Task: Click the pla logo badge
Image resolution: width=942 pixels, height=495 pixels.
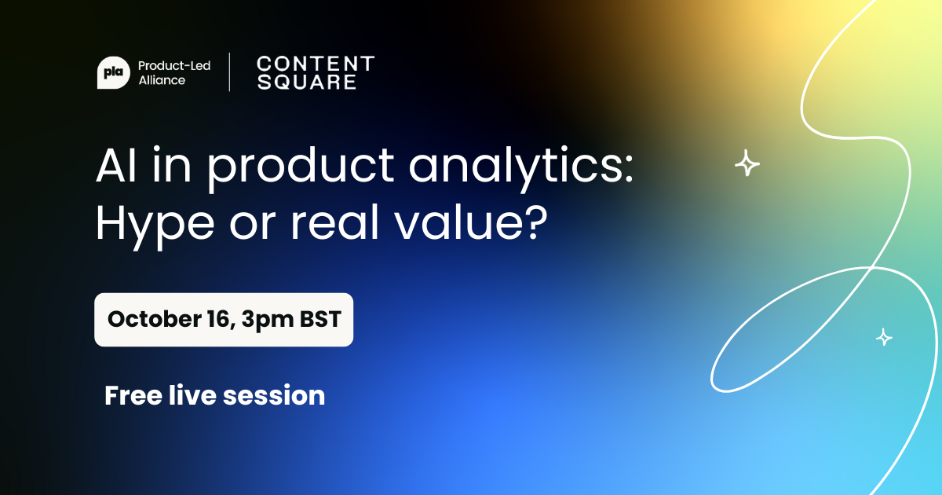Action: coord(114,73)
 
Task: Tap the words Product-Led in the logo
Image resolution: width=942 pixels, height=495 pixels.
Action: coord(174,66)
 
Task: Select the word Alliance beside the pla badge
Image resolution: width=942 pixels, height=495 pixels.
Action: coord(162,80)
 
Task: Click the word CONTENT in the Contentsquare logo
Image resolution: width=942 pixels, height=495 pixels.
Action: coord(316,64)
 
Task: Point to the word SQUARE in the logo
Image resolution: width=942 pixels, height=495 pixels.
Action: coord(307,82)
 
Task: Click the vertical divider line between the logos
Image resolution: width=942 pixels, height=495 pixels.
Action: coord(229,72)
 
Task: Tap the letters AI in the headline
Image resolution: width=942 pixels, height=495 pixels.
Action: coord(116,165)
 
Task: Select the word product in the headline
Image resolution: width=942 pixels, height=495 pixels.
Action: coord(301,168)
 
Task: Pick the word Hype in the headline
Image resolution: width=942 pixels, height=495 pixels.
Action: coord(155,226)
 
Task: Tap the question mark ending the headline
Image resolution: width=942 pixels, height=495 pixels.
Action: coord(536,222)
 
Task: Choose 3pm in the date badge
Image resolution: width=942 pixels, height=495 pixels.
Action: coord(268,321)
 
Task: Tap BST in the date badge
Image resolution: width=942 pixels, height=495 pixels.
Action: coord(320,319)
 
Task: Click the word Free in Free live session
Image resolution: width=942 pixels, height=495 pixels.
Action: coord(133,396)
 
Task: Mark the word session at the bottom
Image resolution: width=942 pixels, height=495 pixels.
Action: coord(274,396)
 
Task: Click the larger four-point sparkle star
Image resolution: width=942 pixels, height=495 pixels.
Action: coord(747,163)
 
